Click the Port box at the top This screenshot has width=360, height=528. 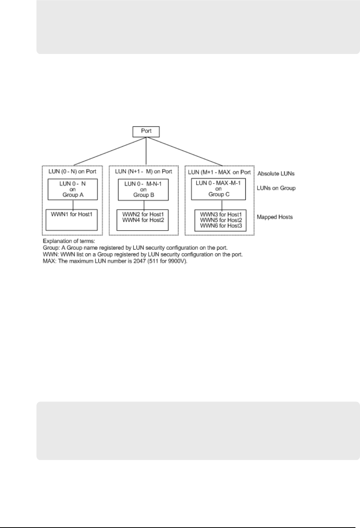tap(146, 131)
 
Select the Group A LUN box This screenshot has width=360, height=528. tap(73, 189)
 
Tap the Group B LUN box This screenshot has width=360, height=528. tap(143, 189)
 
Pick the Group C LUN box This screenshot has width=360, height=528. tap(218, 189)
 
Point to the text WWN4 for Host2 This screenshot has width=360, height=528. tap(143, 220)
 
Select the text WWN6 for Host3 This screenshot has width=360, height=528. tap(221, 226)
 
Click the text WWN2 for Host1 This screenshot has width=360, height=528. tap(143, 214)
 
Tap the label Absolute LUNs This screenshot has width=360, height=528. tap(276, 174)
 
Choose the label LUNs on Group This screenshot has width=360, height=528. tap(276, 188)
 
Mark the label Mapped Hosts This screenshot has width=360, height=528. tap(275, 217)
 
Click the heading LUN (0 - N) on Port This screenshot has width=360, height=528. tap(72, 171)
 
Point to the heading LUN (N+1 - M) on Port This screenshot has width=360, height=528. tap(144, 171)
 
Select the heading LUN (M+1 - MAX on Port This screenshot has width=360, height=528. tap(219, 172)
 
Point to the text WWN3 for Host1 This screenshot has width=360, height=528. tap(221, 215)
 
